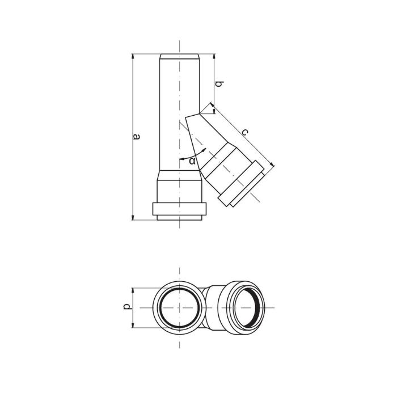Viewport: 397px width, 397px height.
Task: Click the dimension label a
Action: point(137,137)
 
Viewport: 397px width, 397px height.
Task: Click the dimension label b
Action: point(219,84)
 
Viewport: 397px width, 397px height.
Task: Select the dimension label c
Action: point(245,132)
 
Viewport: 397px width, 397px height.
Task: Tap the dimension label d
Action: point(128,306)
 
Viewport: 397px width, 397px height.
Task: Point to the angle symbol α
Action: point(192,161)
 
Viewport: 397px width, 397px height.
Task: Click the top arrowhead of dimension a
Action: point(133,57)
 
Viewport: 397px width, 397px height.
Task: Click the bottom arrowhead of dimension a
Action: point(133,217)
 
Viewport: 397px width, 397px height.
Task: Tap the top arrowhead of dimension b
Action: point(214,57)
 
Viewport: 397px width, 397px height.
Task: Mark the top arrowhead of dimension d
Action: point(133,291)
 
